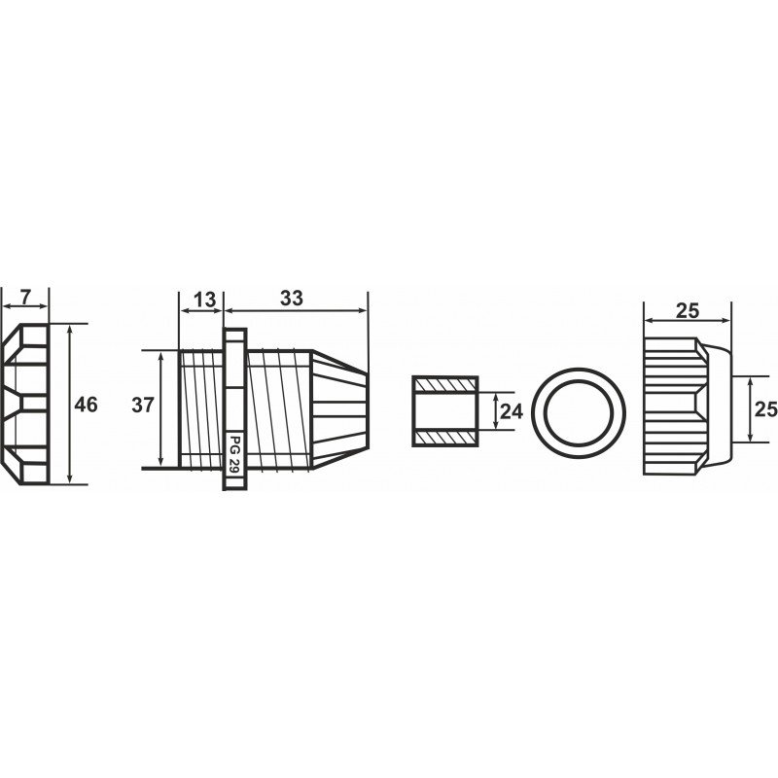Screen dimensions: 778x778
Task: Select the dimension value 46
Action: click(x=86, y=405)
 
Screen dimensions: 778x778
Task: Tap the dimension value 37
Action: click(x=143, y=406)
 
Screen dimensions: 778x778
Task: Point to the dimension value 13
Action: click(x=204, y=300)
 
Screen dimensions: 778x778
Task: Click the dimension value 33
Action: click(x=291, y=299)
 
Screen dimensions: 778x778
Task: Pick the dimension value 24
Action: click(x=512, y=411)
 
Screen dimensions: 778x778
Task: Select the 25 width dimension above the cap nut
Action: click(x=688, y=311)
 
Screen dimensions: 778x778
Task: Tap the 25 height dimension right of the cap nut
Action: click(x=766, y=409)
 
